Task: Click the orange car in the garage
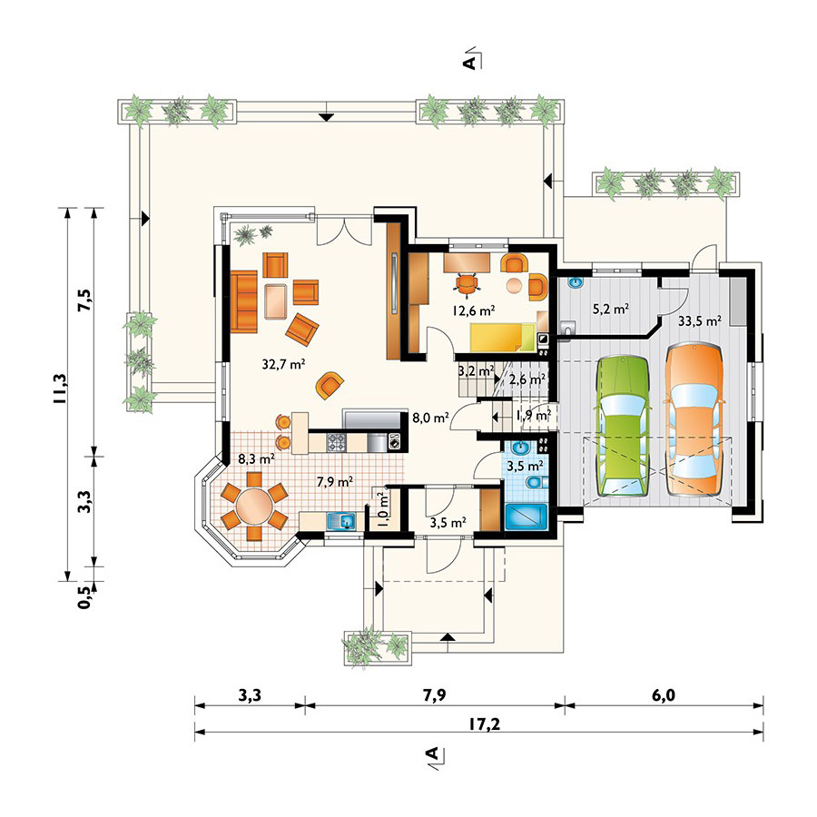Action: click(694, 418)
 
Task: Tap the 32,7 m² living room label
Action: click(283, 364)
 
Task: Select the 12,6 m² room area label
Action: click(473, 310)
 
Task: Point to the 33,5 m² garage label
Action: click(699, 321)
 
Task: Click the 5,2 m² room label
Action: click(611, 309)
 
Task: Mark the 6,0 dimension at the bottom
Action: click(664, 695)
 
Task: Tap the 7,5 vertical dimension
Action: click(84, 300)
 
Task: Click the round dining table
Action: click(254, 505)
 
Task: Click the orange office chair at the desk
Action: click(467, 283)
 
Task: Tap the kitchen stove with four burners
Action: click(336, 442)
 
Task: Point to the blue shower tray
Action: click(526, 517)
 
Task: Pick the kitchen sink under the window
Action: click(340, 520)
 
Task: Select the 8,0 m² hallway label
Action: click(430, 418)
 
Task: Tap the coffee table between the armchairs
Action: click(277, 301)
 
